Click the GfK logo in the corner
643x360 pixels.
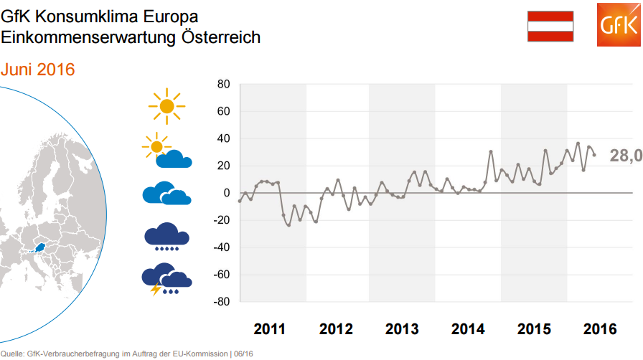click(618, 25)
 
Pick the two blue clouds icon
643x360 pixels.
click(166, 194)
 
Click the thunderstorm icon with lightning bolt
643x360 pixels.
click(166, 280)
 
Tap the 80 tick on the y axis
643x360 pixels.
click(222, 85)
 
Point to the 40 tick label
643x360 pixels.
click(222, 138)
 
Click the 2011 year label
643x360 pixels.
click(269, 329)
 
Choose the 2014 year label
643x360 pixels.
click(468, 329)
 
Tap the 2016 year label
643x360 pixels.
click(600, 329)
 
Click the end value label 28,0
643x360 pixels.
click(625, 156)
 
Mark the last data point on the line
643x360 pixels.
click(594, 155)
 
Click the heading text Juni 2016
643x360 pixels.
click(38, 70)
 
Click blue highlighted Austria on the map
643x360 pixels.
click(41, 249)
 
